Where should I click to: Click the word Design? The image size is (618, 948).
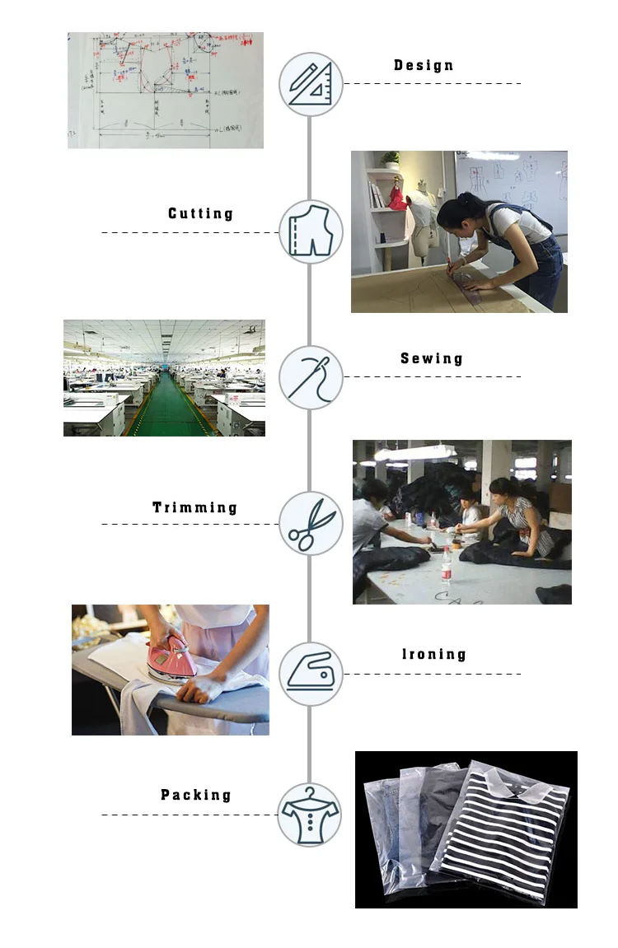(x=424, y=66)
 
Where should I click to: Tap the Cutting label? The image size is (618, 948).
(x=201, y=214)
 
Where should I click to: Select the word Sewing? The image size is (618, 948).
(x=432, y=359)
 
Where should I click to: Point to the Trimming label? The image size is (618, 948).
(x=195, y=507)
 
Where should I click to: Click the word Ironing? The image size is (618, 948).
(x=434, y=655)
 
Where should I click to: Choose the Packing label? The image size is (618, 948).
(x=196, y=796)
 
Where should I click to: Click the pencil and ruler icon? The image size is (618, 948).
(x=311, y=83)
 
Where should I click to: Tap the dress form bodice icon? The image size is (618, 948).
(x=311, y=231)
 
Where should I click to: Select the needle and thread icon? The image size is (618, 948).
(x=311, y=377)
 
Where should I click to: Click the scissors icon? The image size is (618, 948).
(x=311, y=524)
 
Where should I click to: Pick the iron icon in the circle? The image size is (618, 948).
(x=311, y=673)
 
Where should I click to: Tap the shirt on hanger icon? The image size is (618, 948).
(x=310, y=815)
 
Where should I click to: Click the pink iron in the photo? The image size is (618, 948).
(x=171, y=659)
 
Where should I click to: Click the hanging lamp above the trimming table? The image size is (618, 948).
(x=414, y=452)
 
